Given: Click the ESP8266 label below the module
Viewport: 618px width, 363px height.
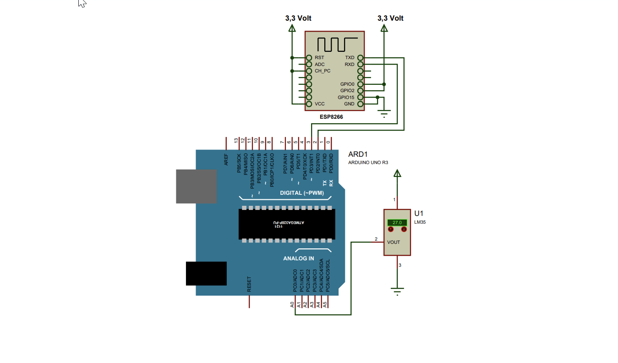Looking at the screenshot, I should click(x=331, y=117).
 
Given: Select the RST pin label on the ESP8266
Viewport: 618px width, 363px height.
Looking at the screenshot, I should click(x=319, y=58).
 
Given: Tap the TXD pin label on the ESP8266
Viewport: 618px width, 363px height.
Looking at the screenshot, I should click(x=350, y=58).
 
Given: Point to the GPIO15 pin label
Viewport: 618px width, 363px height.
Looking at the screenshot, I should click(x=346, y=97).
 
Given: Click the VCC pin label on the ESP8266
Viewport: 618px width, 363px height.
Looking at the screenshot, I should click(x=319, y=104).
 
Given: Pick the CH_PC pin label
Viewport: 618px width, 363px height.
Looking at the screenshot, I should click(x=323, y=71).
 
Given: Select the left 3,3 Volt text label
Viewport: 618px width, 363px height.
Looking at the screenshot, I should click(x=298, y=18).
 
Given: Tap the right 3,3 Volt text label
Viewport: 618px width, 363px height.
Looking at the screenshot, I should click(x=390, y=18).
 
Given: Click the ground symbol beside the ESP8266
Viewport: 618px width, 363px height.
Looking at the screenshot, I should click(x=384, y=114).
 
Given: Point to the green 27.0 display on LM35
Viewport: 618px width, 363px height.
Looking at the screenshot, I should click(x=397, y=222).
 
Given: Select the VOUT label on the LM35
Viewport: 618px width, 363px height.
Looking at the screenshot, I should click(x=394, y=242).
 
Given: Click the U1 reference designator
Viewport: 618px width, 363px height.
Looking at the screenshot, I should click(x=419, y=214).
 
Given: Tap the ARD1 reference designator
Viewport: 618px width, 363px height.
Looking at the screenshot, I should click(x=358, y=154).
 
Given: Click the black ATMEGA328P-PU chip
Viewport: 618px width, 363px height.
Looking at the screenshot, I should click(x=286, y=224).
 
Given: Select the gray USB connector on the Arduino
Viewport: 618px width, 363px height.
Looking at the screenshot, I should click(x=197, y=186).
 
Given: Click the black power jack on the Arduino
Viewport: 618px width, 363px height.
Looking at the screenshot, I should click(x=206, y=273).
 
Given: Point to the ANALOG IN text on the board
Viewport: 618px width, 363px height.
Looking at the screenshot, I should click(x=299, y=258).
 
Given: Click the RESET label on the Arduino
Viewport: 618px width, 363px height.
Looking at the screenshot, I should click(x=249, y=284).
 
